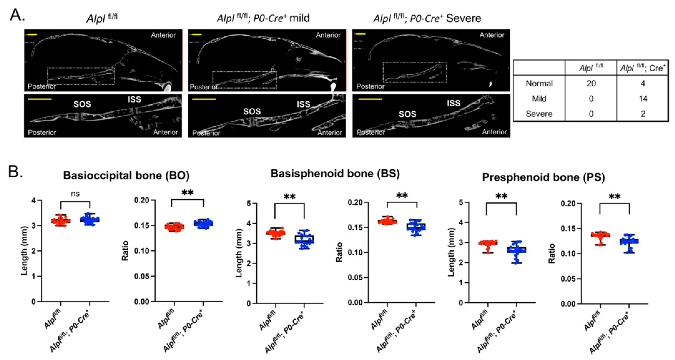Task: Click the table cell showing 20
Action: [591, 83]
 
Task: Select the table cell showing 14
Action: [643, 99]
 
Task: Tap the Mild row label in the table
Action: [539, 99]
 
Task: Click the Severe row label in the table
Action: [539, 114]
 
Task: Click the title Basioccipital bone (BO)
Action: [126, 175]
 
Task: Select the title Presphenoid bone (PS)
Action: [543, 178]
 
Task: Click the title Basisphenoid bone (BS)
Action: [335, 173]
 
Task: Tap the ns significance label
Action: [75, 194]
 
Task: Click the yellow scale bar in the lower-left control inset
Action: [40, 99]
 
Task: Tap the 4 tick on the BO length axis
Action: [34, 200]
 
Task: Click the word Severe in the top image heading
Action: [464, 18]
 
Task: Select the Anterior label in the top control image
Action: [163, 35]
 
